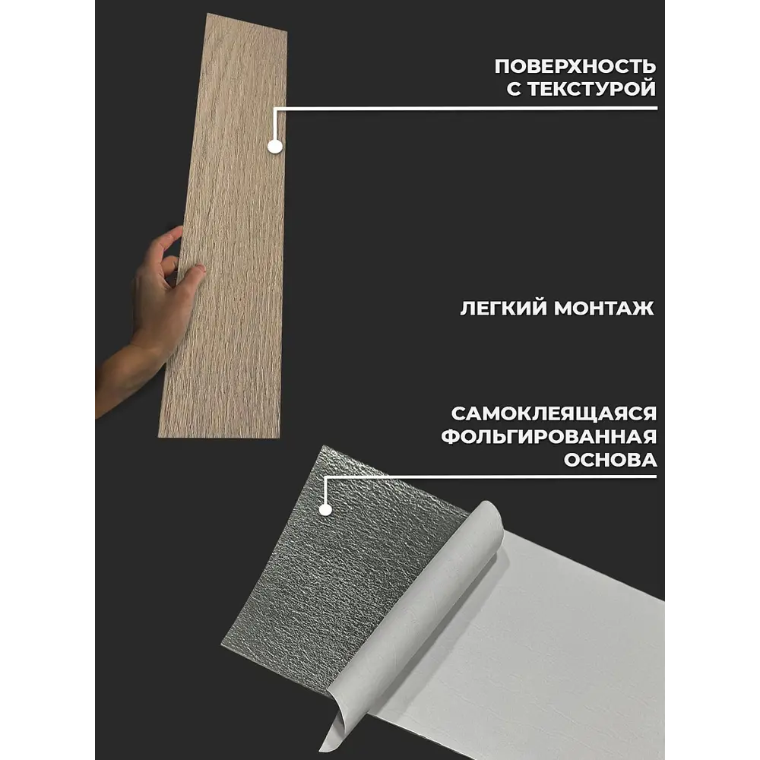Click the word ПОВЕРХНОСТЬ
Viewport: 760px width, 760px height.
click(x=575, y=66)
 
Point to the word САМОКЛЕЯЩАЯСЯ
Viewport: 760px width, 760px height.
click(x=554, y=413)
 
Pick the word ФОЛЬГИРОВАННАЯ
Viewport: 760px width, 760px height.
click(x=549, y=436)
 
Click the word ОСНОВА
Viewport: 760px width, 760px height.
click(x=610, y=460)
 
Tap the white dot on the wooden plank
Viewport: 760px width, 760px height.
click(x=275, y=146)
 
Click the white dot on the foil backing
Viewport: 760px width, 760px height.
click(x=325, y=509)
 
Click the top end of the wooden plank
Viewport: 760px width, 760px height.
click(x=247, y=23)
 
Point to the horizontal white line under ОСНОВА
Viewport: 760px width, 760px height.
click(x=490, y=477)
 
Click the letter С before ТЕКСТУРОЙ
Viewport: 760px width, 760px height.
click(x=514, y=89)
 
